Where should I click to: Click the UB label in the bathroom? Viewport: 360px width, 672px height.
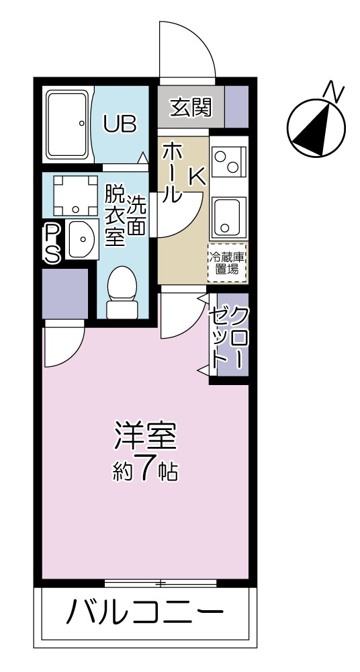(x=120, y=124)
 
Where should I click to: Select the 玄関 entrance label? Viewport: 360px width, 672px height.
(x=191, y=107)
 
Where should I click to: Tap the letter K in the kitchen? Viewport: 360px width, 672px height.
(x=197, y=175)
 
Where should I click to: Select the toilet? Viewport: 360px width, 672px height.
(x=122, y=293)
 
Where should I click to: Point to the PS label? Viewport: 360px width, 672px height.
(x=52, y=243)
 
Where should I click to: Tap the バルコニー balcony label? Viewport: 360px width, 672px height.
(x=145, y=613)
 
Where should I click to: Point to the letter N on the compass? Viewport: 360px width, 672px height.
(x=333, y=90)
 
